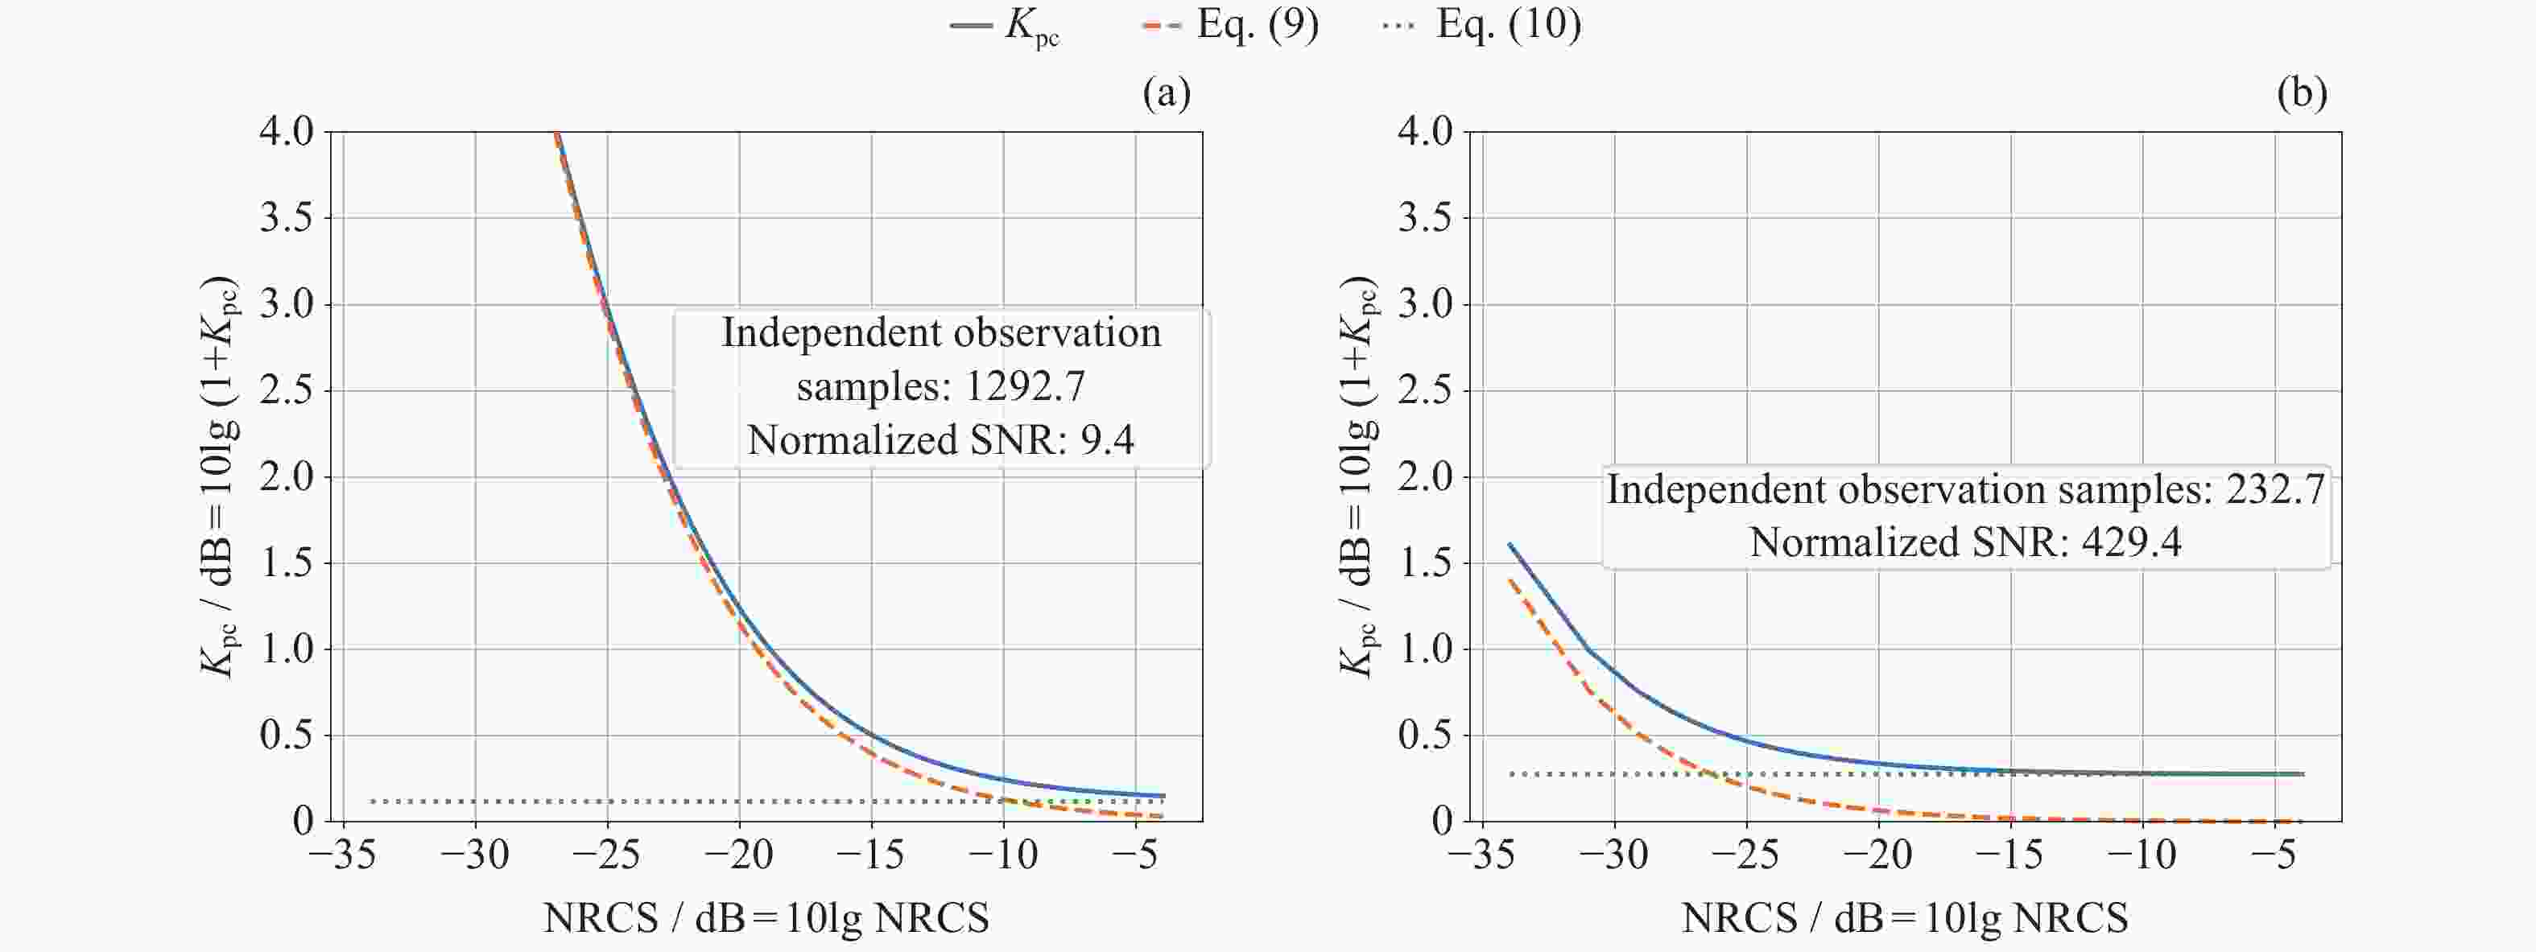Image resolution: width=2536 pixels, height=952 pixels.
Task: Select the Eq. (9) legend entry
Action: tap(1232, 25)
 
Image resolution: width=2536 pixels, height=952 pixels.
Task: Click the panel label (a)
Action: tap(1167, 93)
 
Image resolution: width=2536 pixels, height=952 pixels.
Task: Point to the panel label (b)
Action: tap(2303, 93)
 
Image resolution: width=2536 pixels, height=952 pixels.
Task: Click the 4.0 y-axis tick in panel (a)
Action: tap(286, 131)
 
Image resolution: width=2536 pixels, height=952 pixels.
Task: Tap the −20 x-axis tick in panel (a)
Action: tap(738, 855)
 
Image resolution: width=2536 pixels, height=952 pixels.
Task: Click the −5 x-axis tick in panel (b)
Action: tap(2275, 855)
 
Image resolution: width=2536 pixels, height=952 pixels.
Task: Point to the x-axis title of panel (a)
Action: tap(766, 918)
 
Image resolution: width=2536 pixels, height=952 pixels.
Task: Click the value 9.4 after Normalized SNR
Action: tap(1108, 440)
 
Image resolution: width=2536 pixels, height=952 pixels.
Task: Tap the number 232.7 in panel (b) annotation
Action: tap(2275, 490)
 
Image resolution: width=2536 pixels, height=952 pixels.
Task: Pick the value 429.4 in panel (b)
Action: tap(2131, 542)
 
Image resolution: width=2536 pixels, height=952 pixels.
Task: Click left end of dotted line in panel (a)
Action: tap(372, 802)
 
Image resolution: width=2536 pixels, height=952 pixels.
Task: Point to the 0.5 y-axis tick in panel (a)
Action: tap(286, 735)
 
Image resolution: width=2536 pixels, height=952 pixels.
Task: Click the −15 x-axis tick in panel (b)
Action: tap(2010, 855)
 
